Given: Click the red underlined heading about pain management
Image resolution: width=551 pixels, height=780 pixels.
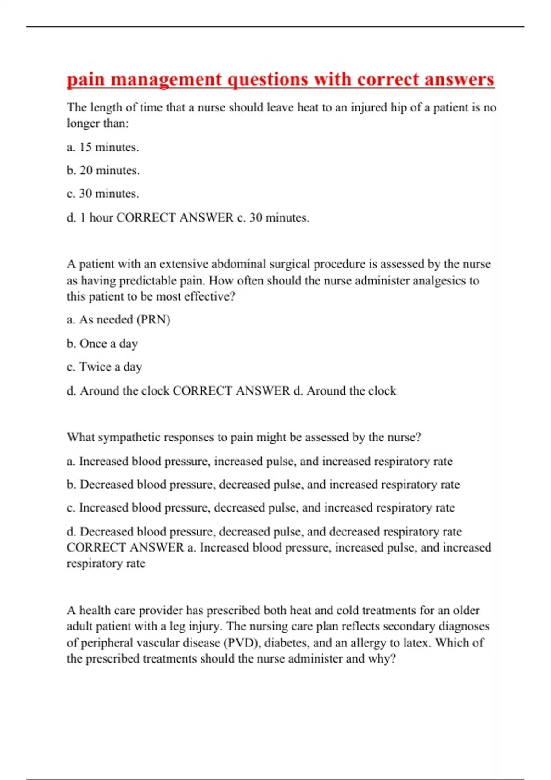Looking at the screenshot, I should (x=280, y=79).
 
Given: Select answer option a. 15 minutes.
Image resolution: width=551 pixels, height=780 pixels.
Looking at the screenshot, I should (x=103, y=147).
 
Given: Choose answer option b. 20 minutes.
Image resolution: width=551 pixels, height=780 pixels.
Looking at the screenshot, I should (x=103, y=171).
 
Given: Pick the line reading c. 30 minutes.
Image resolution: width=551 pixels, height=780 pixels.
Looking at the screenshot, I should (x=103, y=194).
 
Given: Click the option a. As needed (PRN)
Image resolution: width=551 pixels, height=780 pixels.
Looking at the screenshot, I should (x=118, y=319).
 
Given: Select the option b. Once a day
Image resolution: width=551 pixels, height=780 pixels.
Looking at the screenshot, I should (x=102, y=344).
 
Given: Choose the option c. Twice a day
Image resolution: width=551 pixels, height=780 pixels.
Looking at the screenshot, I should (x=104, y=367).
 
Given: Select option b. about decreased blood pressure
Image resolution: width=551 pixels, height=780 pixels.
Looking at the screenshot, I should (x=263, y=485).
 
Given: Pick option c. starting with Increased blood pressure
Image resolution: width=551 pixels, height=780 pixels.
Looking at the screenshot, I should (x=260, y=508).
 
